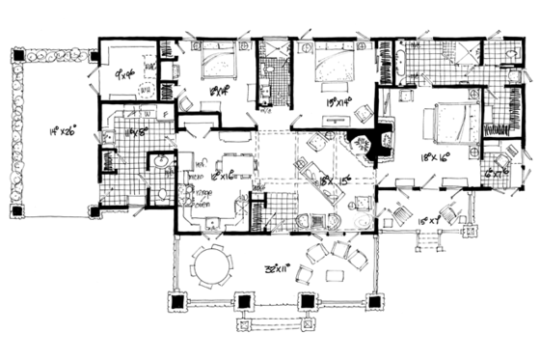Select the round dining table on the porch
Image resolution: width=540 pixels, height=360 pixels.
tap(207, 264)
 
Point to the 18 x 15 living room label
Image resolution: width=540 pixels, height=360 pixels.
tap(328, 180)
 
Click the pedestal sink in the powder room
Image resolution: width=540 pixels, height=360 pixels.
tap(159, 159)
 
